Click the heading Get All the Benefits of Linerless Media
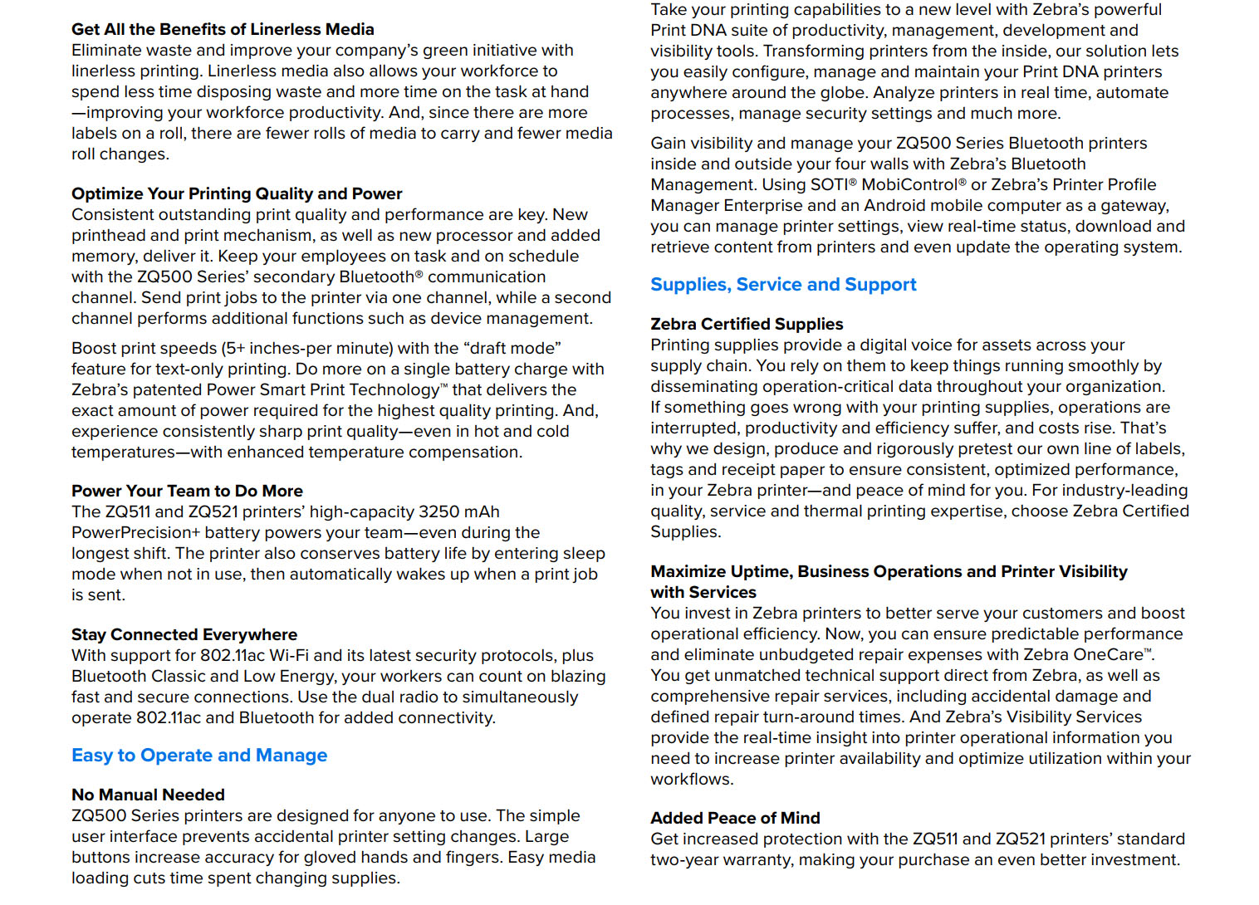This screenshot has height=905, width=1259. [x=223, y=29]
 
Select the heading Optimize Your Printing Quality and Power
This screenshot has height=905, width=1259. [x=237, y=193]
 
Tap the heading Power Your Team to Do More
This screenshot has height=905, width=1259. [x=187, y=491]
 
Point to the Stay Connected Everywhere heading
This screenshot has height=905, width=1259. [x=184, y=634]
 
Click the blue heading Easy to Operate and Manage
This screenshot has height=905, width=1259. [x=199, y=756]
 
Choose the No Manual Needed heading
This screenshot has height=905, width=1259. [x=148, y=795]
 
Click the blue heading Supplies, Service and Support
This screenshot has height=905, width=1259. [x=783, y=285]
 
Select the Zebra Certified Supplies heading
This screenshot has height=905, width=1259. [x=747, y=324]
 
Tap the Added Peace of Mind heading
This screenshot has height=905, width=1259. [x=735, y=818]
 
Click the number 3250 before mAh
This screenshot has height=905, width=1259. [x=441, y=511]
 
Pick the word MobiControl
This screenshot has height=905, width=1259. [x=909, y=184]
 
